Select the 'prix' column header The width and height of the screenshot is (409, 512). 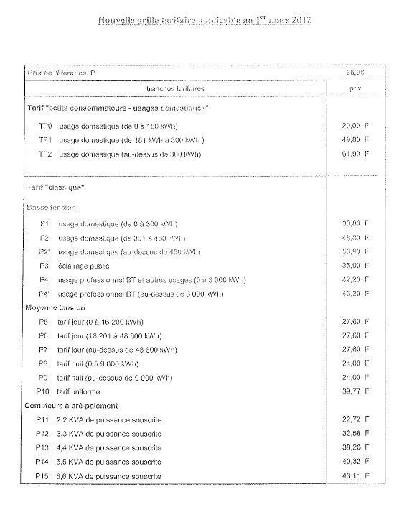point(354,88)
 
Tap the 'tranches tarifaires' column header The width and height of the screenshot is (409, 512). point(175,88)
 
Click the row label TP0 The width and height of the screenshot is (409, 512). point(45,126)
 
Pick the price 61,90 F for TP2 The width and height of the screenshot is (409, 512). point(356,154)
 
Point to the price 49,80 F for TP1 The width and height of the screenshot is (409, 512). point(356,139)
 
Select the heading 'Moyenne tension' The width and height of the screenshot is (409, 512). point(60,307)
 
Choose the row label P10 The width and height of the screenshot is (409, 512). point(42,391)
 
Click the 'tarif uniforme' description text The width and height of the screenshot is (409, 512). point(78,391)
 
